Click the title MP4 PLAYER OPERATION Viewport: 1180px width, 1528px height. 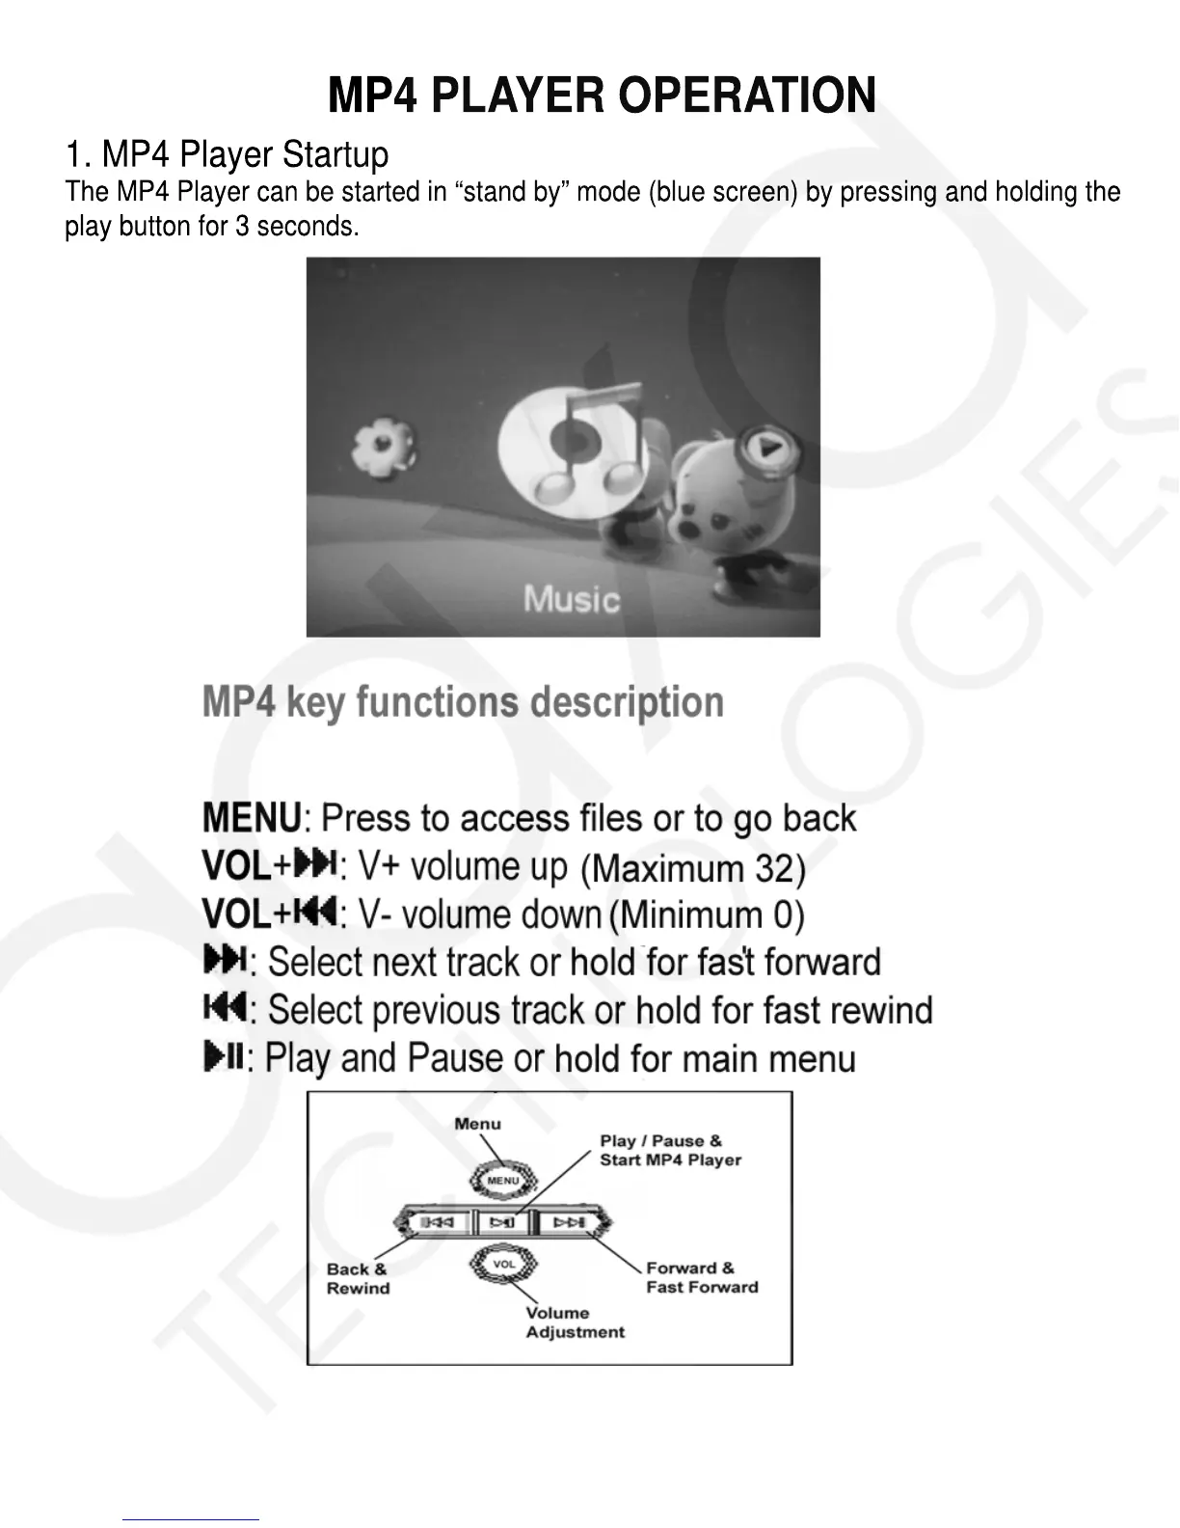(602, 95)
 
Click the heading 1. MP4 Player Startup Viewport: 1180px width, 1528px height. (227, 154)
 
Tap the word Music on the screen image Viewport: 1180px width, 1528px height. (572, 599)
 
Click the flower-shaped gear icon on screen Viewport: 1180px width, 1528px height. (383, 448)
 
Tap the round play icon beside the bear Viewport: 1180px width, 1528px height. (767, 448)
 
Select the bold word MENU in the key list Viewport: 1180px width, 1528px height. (253, 818)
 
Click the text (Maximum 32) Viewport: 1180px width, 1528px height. (692, 869)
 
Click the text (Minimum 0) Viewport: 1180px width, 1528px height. (707, 914)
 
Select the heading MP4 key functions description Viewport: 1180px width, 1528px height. (463, 702)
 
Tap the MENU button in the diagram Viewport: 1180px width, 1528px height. (502, 1181)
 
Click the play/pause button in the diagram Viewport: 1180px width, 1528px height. (502, 1223)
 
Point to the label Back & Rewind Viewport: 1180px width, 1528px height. (358, 1279)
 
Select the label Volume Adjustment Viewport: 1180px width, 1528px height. (575, 1323)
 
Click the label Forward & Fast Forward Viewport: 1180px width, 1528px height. (702, 1277)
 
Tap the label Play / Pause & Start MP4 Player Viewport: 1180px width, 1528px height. (670, 1150)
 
